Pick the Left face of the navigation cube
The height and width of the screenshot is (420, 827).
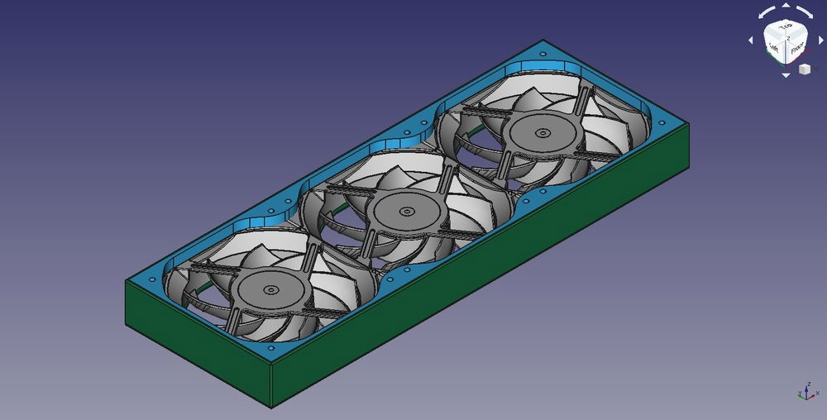(x=774, y=48)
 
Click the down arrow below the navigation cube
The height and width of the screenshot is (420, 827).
(x=786, y=75)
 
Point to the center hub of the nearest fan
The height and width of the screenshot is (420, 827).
(x=270, y=290)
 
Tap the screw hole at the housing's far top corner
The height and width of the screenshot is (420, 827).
(x=543, y=50)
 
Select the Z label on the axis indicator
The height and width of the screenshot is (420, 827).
(x=806, y=385)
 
